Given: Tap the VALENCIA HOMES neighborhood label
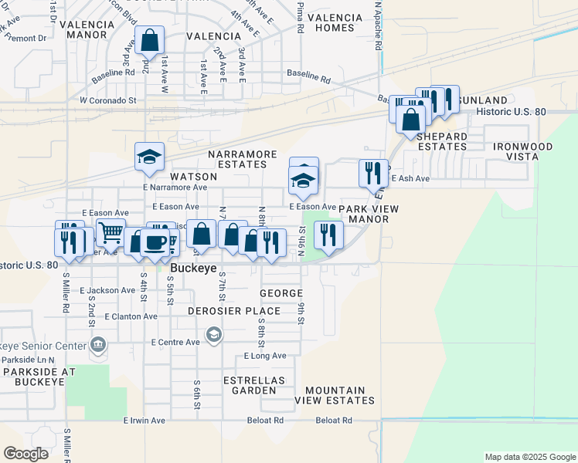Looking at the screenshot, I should (335, 22).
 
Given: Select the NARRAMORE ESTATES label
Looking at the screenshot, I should (243, 159).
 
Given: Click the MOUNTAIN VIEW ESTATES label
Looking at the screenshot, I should (339, 395).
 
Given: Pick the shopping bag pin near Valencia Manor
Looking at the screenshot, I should (150, 39).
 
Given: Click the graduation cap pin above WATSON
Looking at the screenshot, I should (150, 157).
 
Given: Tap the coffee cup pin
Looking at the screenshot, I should (155, 242).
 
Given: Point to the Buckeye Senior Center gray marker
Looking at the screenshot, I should (97, 343).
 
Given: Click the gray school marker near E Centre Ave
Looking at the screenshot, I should (213, 335).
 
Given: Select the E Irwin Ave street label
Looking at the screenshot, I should (144, 421).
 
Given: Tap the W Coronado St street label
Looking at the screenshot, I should (107, 100).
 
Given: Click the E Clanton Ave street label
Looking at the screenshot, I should (112, 316).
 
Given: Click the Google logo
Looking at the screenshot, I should (26, 454).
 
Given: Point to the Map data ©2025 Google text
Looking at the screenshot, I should (529, 457).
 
